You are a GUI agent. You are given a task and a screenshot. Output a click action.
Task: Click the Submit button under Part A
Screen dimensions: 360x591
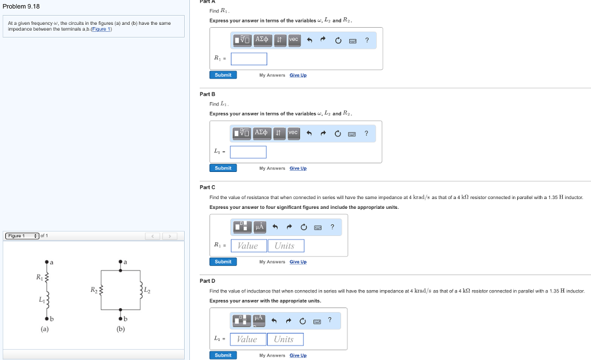click(x=223, y=75)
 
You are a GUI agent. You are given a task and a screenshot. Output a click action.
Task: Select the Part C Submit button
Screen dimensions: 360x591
click(x=223, y=262)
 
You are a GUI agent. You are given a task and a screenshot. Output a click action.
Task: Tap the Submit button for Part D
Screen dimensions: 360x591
click(x=223, y=355)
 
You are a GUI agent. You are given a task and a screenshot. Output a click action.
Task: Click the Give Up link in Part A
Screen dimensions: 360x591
click(x=298, y=75)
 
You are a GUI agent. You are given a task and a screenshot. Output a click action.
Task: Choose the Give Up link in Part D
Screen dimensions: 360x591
click(x=298, y=355)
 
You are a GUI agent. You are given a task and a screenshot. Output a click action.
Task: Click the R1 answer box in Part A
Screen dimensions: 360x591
click(x=249, y=59)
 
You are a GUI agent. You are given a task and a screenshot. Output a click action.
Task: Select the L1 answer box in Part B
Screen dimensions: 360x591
click(x=248, y=152)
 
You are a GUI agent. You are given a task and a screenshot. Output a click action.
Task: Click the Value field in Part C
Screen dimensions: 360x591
click(x=248, y=246)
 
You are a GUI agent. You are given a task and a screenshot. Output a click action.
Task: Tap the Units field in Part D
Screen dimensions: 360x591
click(x=283, y=339)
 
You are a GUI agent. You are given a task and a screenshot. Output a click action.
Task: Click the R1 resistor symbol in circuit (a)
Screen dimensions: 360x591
click(x=46, y=279)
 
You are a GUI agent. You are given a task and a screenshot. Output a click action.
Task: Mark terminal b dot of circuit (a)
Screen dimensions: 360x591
click(x=46, y=318)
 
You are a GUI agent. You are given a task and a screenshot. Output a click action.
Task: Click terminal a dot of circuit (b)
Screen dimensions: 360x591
click(x=120, y=262)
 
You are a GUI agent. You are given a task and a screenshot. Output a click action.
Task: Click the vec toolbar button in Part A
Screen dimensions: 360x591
click(x=294, y=39)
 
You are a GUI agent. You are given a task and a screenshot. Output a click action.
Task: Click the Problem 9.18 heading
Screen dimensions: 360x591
click(x=21, y=6)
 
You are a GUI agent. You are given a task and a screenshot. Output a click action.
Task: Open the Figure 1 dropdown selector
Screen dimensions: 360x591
click(x=22, y=235)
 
